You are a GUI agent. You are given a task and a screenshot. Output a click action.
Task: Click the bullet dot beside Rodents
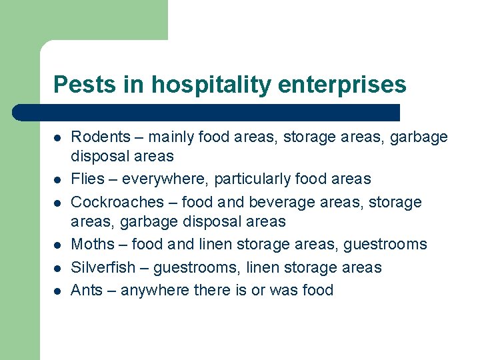point(58,138)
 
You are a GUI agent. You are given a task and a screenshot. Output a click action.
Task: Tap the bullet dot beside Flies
point(58,179)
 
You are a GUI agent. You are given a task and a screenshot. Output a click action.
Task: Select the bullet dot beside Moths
point(58,245)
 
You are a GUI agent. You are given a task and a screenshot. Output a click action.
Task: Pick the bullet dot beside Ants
point(58,291)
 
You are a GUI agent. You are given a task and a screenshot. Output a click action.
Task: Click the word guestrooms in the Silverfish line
point(197,268)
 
